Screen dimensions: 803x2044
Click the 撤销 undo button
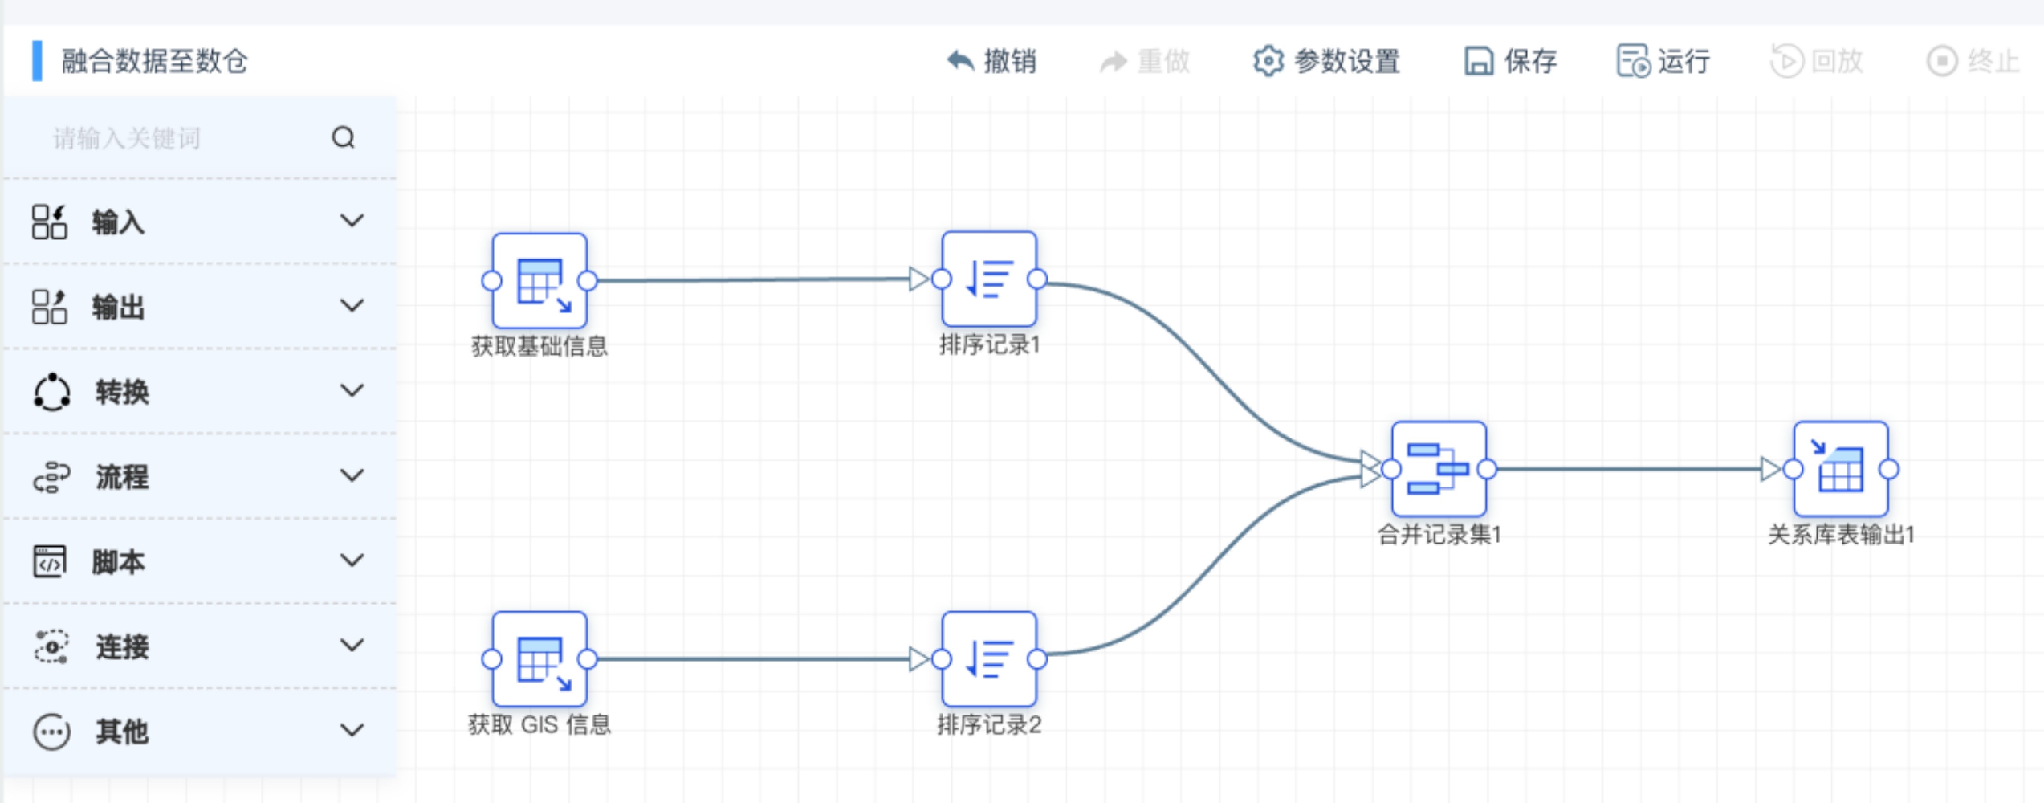tap(992, 61)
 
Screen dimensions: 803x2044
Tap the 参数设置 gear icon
tap(1267, 61)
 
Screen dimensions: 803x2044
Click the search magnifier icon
tap(343, 138)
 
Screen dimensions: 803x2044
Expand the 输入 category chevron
tap(352, 220)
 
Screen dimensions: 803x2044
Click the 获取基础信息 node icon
tap(540, 281)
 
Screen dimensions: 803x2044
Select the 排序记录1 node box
tap(989, 279)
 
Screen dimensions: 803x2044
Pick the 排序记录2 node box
tap(989, 658)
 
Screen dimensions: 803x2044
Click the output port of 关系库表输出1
tap(1889, 469)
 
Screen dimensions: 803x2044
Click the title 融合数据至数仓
tap(155, 61)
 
